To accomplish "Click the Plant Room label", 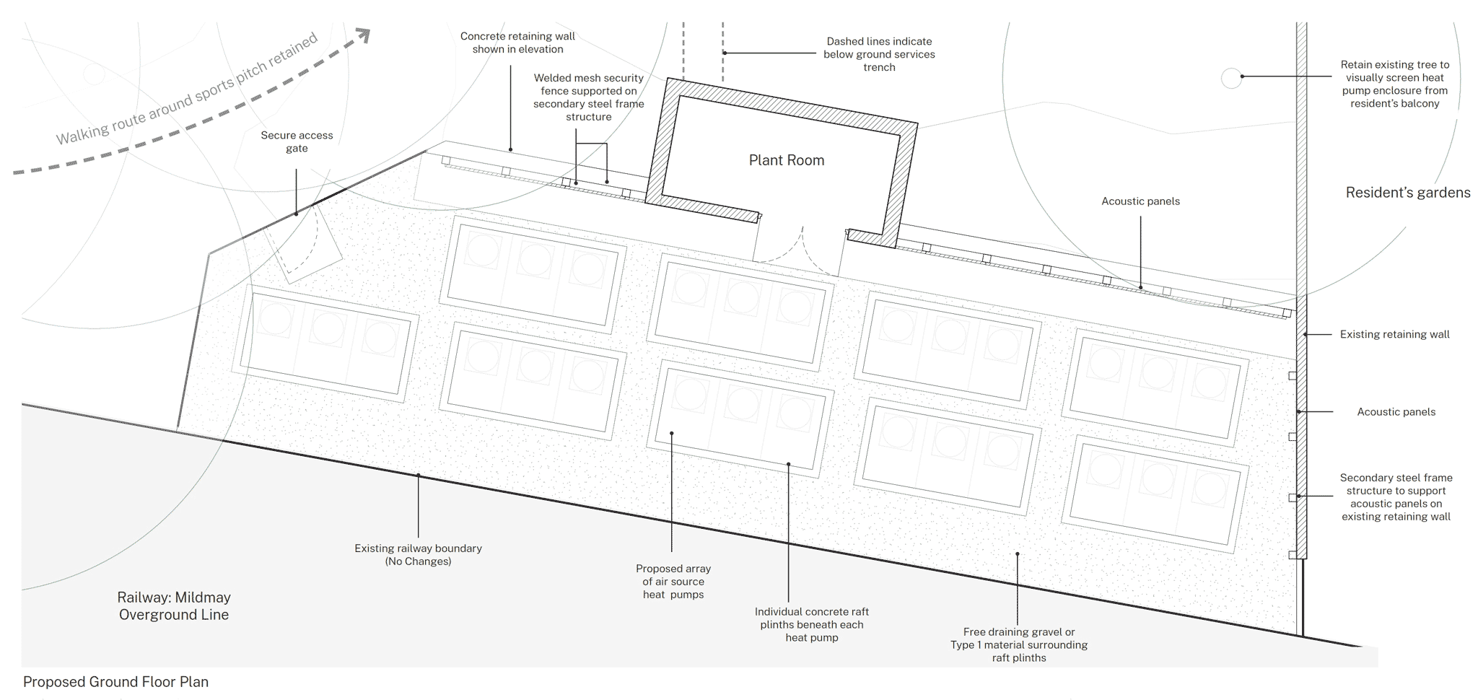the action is pos(786,160).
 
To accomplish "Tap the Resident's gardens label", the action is pos(1407,193).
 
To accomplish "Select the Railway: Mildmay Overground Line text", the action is pos(174,606).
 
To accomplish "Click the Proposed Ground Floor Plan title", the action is pos(115,682).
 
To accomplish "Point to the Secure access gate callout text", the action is pos(297,141).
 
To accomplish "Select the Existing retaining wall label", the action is pos(1394,334).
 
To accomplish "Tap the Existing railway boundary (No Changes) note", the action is pos(418,555).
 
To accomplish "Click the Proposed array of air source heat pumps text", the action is pos(673,582).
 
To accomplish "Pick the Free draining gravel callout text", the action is pos(1018,644).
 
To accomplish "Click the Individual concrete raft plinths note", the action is pos(811,624).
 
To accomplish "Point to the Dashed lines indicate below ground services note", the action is pos(879,54).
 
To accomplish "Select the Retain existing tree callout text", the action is pos(1394,84).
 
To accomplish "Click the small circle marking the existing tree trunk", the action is pos(1231,78).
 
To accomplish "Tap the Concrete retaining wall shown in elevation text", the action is pos(517,43).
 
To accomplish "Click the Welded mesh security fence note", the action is pos(588,97).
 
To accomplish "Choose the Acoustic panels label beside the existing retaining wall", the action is pos(1396,412).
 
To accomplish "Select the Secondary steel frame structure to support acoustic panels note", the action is pos(1396,497).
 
